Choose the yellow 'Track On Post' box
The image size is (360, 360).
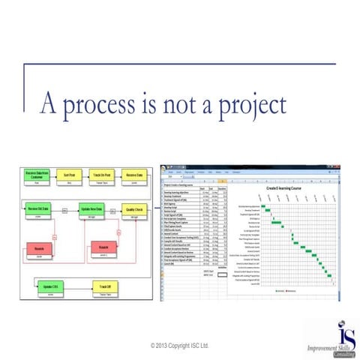[x=103, y=177]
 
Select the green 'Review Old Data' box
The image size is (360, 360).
[x=37, y=209]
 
